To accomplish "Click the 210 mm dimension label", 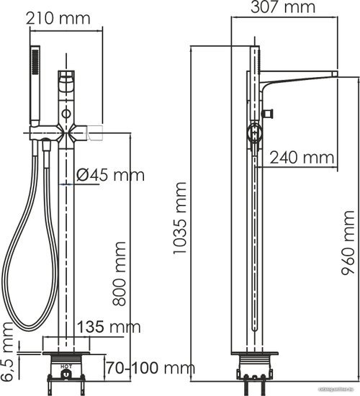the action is pos(58,19).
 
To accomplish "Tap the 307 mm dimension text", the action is pos(283,6).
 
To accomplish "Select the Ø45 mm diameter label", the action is pos(110,175).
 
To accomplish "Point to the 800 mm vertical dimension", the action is pos(120,274).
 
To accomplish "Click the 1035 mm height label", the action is pos(180,217).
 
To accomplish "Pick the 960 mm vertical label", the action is pos(348,243).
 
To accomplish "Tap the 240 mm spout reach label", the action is pos(302,158).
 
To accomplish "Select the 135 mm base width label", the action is pos(109,327).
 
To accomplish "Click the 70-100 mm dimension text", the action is pos(150,368).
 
